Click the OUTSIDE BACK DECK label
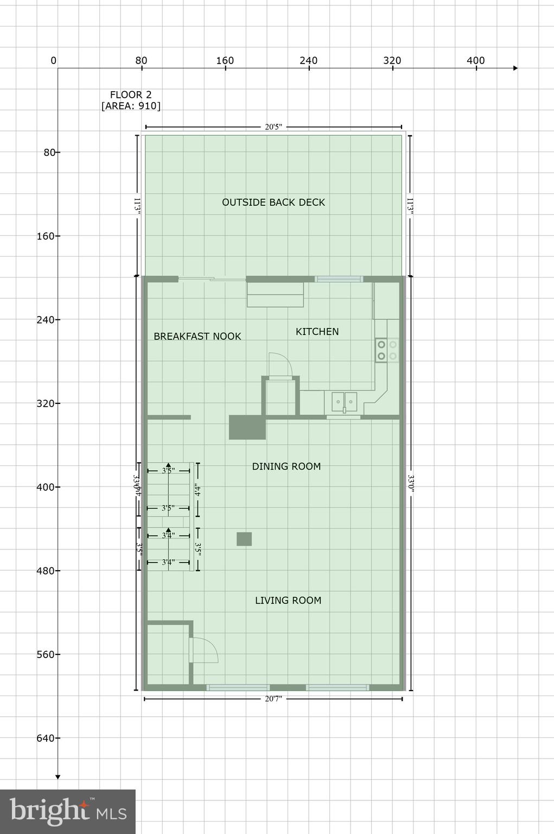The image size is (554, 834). tap(273, 203)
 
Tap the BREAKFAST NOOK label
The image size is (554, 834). tap(197, 337)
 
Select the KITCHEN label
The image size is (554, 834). tap(317, 332)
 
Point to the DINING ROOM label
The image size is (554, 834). tap(286, 466)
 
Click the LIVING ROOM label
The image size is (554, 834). tap(288, 601)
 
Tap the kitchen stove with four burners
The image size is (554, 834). tap(387, 350)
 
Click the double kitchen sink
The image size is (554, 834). tap(344, 402)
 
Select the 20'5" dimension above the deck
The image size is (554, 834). tap(273, 127)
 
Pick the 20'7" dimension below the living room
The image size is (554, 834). tap(273, 699)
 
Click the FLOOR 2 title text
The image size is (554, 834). tap(131, 94)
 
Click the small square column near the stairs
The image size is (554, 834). tap(244, 539)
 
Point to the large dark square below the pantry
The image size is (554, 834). tap(247, 427)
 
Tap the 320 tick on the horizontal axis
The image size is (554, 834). tap(392, 61)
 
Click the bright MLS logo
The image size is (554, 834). tap(68, 811)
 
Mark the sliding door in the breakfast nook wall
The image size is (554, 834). tap(212, 280)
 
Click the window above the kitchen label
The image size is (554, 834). tap(339, 279)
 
